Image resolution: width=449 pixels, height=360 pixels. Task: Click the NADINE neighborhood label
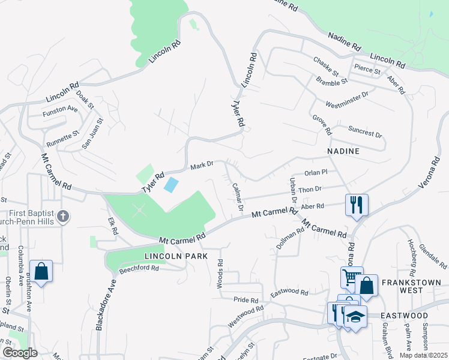[344, 151]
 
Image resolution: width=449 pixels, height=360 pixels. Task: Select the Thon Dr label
[310, 190]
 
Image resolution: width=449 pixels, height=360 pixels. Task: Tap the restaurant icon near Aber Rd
[357, 205]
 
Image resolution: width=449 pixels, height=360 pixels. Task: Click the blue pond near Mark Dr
[171, 185]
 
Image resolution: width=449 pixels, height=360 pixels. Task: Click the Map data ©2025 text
[424, 355]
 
